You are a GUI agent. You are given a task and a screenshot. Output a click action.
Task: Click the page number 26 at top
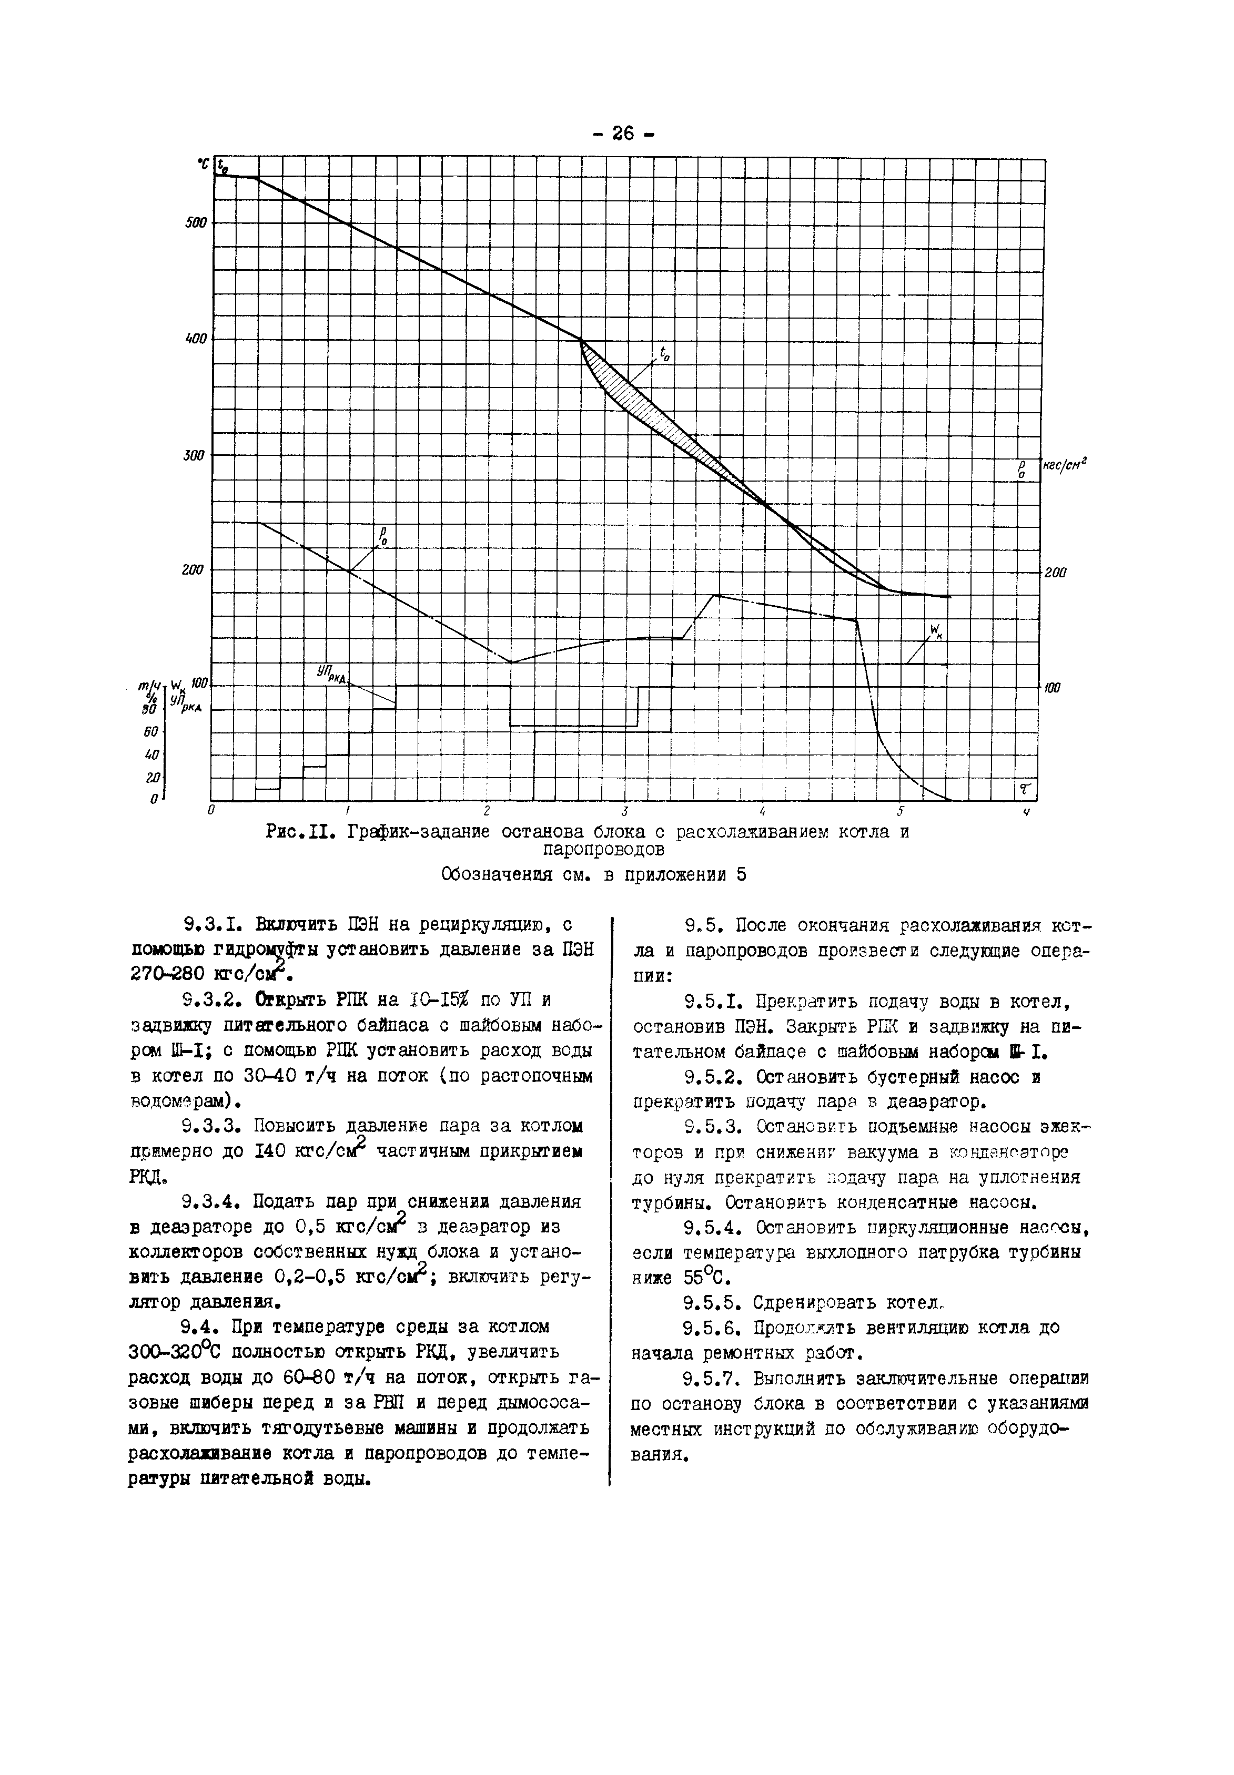(623, 134)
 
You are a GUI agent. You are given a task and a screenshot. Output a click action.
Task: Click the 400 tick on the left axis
(196, 339)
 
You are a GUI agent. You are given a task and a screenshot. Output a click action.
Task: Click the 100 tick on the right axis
(1053, 687)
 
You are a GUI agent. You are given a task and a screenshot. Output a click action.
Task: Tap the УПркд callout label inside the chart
(331, 673)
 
